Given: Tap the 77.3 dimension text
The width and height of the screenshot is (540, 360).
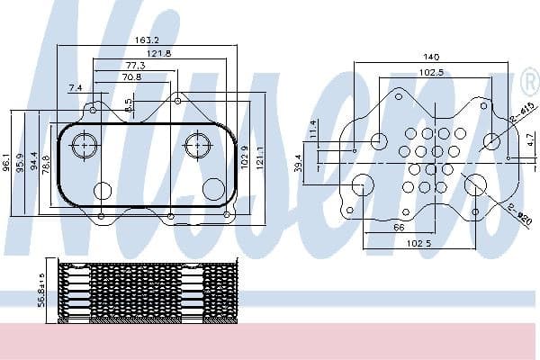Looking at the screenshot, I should pos(136,66).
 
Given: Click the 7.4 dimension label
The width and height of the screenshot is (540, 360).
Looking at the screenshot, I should pos(75,87).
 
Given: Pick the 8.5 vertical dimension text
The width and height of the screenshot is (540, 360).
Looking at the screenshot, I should pos(130,104).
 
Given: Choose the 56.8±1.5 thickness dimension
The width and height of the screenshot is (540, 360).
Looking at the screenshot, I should pos(41,290).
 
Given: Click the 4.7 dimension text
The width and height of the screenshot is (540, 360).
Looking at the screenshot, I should pos(530,139).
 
